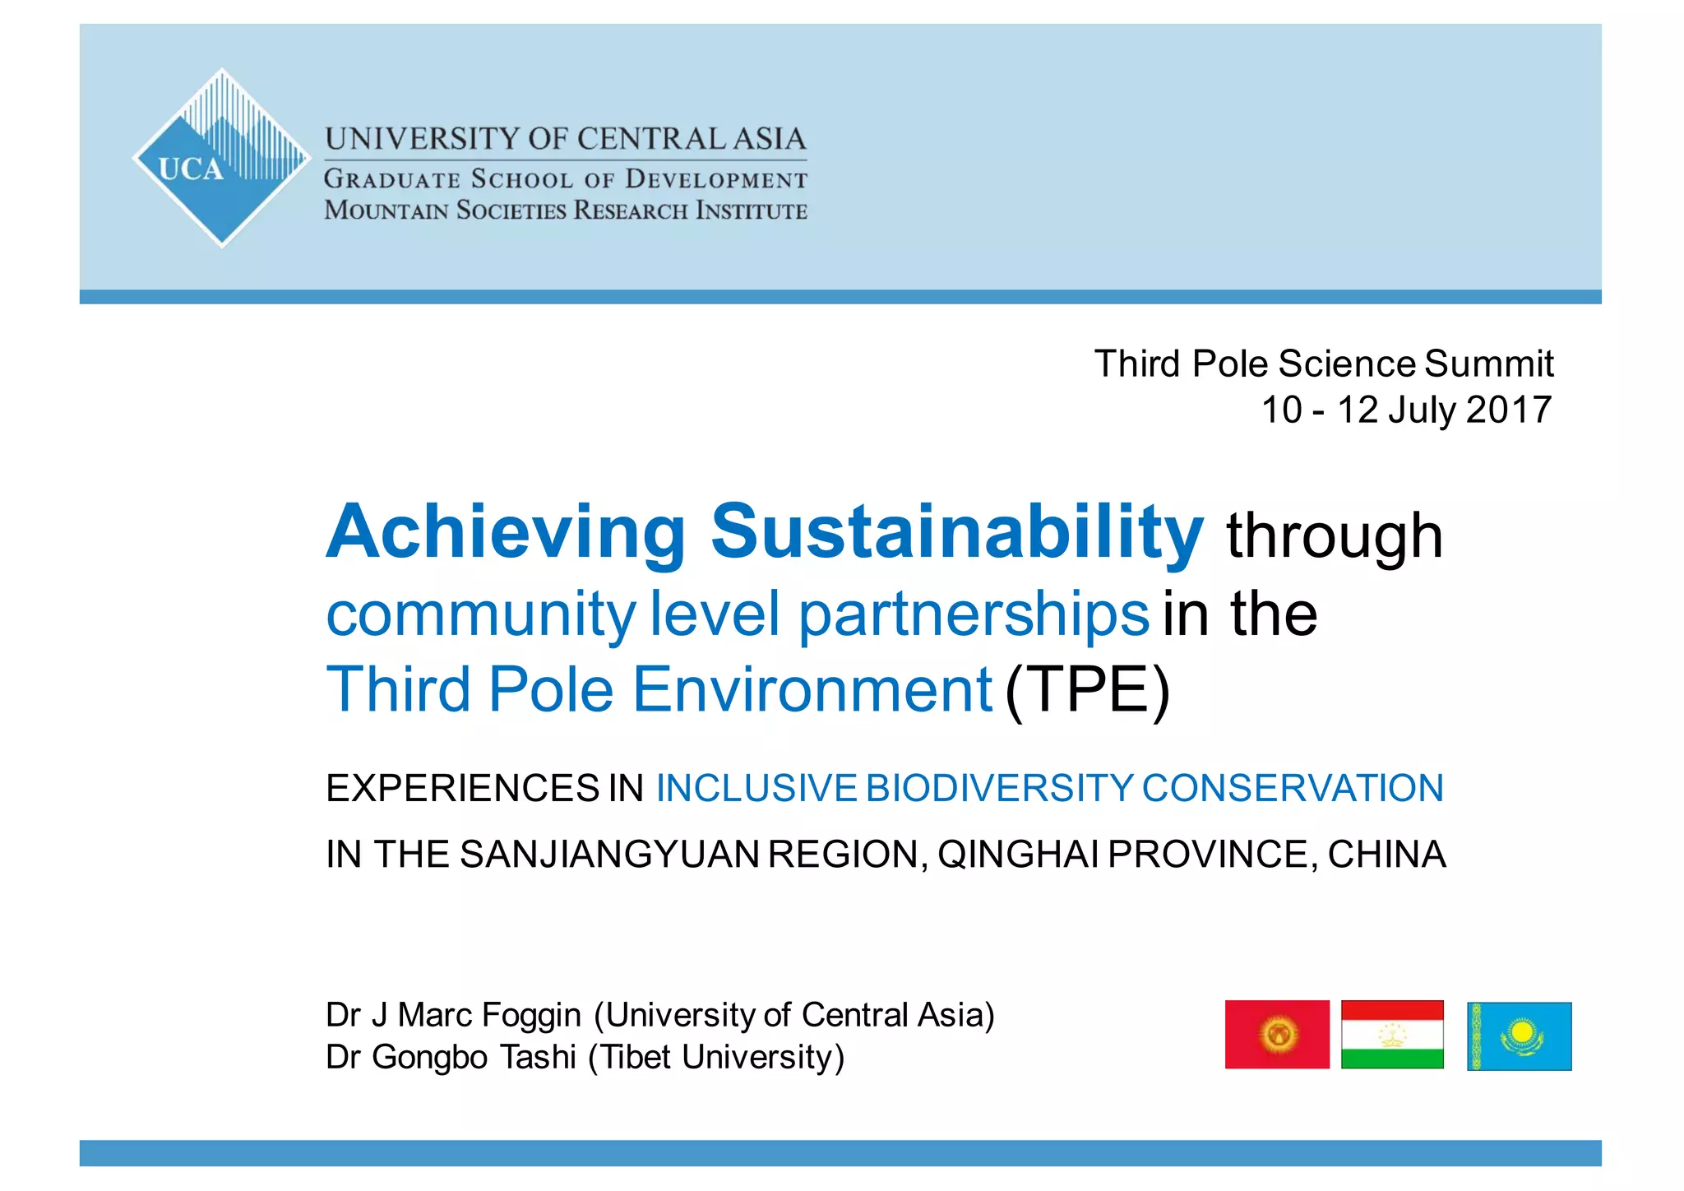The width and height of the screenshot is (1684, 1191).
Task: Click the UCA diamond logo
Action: pos(220,158)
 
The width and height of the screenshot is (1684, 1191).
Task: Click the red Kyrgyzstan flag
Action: pos(1276,1034)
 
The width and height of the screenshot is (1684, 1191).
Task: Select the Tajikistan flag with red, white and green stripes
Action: pos(1392,1034)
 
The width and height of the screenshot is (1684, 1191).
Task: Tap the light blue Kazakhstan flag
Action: pos(1519,1036)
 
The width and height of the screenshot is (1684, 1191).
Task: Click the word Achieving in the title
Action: pos(506,532)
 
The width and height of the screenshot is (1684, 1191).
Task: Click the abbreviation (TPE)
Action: pos(1087,689)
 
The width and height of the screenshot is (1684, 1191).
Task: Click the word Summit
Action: pos(1488,364)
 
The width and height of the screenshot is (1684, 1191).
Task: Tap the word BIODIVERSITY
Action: pos(999,788)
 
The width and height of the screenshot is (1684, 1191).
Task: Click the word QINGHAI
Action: pos(1018,854)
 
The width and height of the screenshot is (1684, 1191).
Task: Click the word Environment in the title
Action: pos(812,689)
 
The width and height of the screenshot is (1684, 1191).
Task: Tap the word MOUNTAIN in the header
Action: pos(386,211)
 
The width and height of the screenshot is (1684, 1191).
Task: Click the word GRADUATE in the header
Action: pos(391,179)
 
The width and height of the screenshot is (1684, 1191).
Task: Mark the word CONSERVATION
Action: pos(1292,788)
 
